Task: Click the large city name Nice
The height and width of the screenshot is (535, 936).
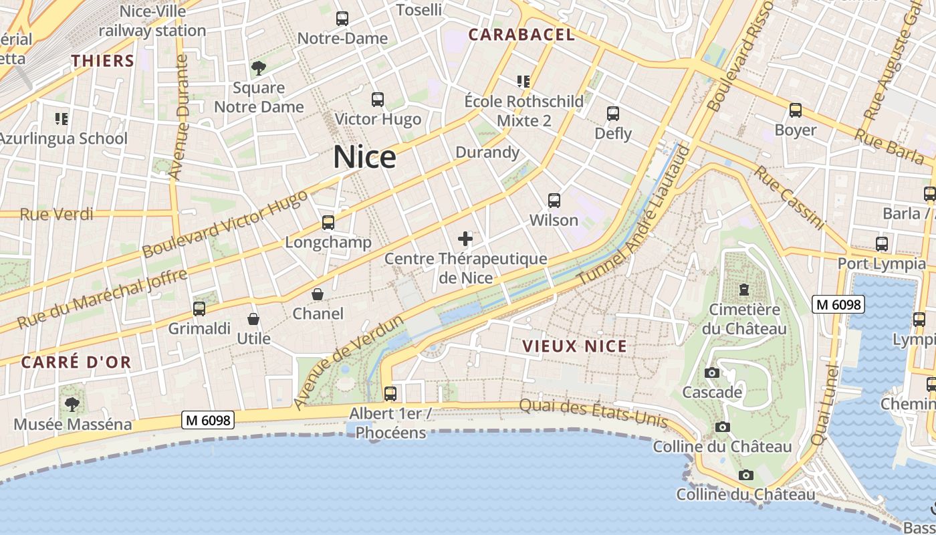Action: pos(364,157)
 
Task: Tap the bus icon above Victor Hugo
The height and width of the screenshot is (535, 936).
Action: pos(378,100)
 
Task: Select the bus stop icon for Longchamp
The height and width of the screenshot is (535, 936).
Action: pos(328,223)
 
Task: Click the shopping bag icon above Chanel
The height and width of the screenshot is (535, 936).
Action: pos(318,294)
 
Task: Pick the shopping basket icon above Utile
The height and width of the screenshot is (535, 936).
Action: pos(253,319)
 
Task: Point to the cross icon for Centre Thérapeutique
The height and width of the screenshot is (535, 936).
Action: pos(465,238)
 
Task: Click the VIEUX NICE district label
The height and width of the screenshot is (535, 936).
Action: pos(574,346)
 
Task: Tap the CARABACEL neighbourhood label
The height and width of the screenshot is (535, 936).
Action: pos(521,35)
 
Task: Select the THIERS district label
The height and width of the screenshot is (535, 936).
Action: pos(103,61)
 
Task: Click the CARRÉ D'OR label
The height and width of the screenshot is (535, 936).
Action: pos(76,362)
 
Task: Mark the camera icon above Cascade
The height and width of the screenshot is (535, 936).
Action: pos(712,372)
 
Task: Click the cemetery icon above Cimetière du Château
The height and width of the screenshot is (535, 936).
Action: pos(743,290)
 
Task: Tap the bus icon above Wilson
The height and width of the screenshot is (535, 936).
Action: pos(554,200)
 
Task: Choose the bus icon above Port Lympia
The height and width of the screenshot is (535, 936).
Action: pos(882,244)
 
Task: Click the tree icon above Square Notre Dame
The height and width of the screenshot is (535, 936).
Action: pos(258,68)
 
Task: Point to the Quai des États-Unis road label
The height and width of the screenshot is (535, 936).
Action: pos(594,413)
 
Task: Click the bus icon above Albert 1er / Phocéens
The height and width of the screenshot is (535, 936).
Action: pos(390,393)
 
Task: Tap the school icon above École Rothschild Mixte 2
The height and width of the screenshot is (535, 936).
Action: pos(523,82)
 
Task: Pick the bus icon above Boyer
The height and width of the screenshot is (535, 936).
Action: pos(795,110)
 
